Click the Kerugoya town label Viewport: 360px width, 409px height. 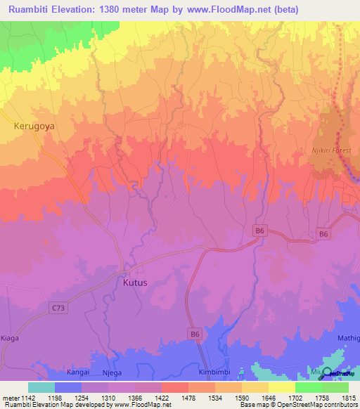coord(34,126)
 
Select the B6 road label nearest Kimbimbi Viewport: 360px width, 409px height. coord(195,335)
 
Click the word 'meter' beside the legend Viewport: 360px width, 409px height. coord(8,397)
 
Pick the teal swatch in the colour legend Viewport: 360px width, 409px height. coord(41,387)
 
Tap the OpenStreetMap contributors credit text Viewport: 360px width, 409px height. coord(318,405)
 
